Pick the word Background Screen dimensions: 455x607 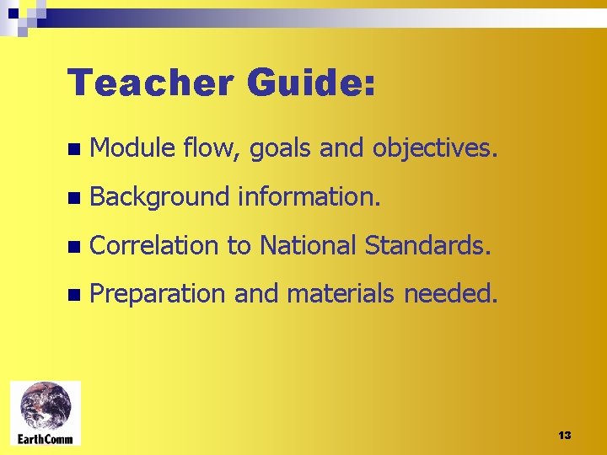point(159,198)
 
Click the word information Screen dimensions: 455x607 point(309,197)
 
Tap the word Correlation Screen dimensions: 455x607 point(155,246)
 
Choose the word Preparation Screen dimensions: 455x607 point(158,295)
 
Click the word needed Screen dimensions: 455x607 point(451,294)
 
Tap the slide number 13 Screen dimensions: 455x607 point(565,435)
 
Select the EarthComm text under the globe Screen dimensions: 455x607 point(46,438)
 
